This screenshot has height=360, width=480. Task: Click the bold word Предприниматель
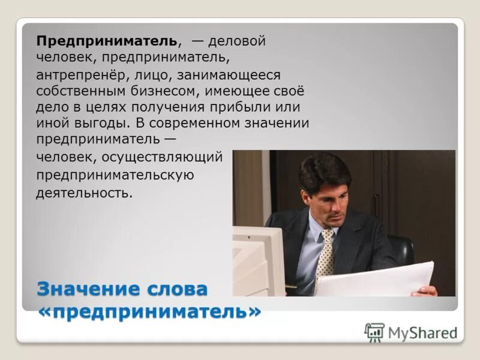[107, 41]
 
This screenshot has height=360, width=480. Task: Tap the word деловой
[236, 41]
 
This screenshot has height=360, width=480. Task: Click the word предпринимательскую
[115, 175]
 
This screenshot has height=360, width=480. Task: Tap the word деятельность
[84, 193]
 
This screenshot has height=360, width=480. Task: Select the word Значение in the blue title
[88, 289]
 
